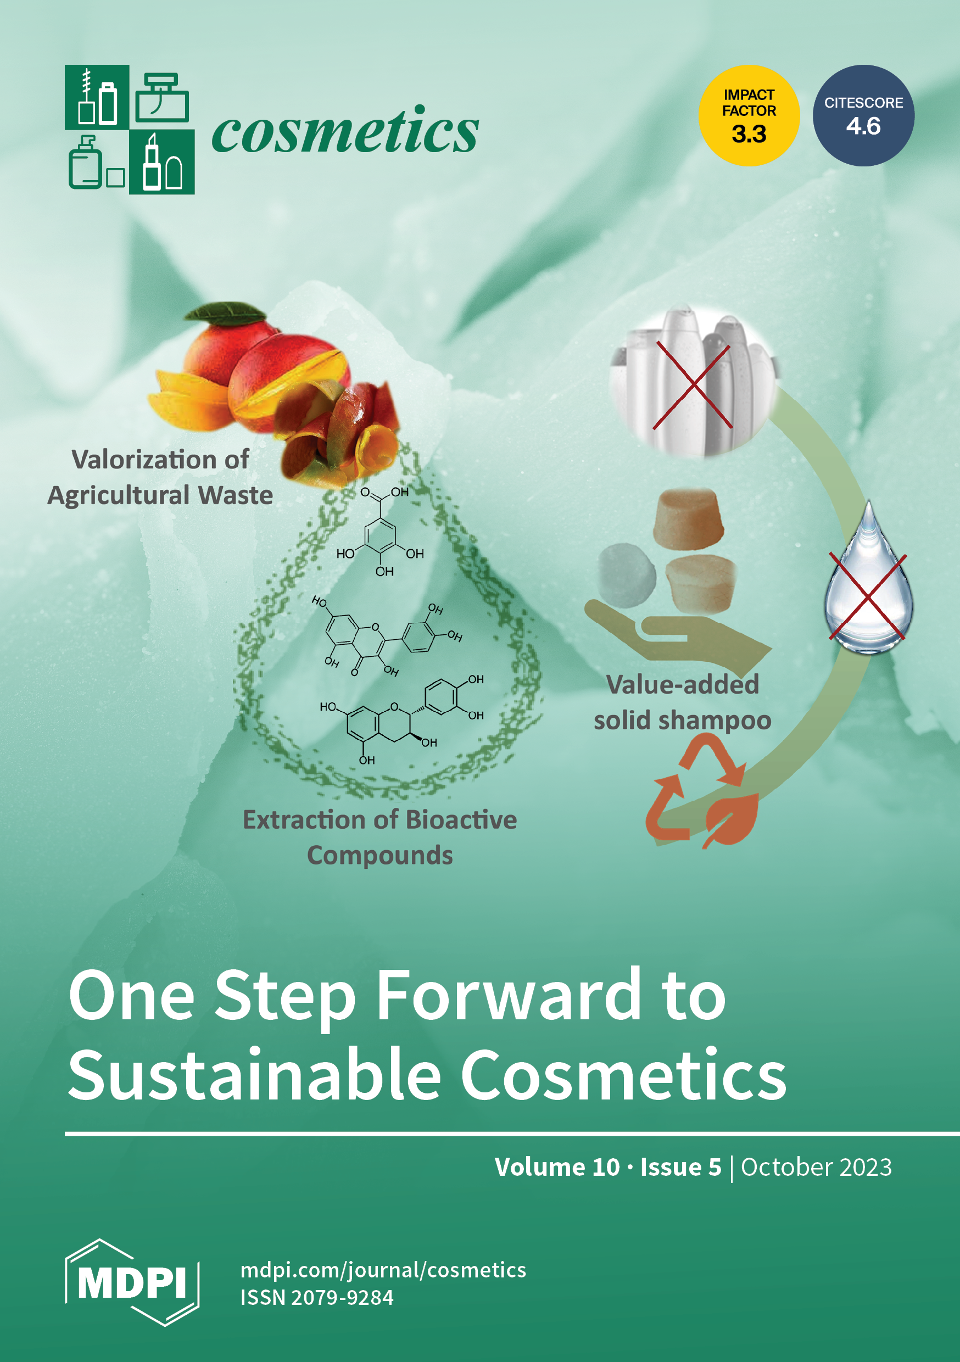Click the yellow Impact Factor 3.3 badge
[x=749, y=116]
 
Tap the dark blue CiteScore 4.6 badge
[x=863, y=116]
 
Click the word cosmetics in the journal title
[x=345, y=130]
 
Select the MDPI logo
[x=132, y=1282]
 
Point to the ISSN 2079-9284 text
[x=317, y=1298]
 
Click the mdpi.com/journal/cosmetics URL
[x=383, y=1270]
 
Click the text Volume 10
[x=557, y=1167]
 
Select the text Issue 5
[x=680, y=1167]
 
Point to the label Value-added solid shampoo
[x=682, y=702]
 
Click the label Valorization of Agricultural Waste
[x=160, y=477]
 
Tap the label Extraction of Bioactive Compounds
[x=379, y=837]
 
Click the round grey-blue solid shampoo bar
[x=628, y=575]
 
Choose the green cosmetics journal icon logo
[x=130, y=129]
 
